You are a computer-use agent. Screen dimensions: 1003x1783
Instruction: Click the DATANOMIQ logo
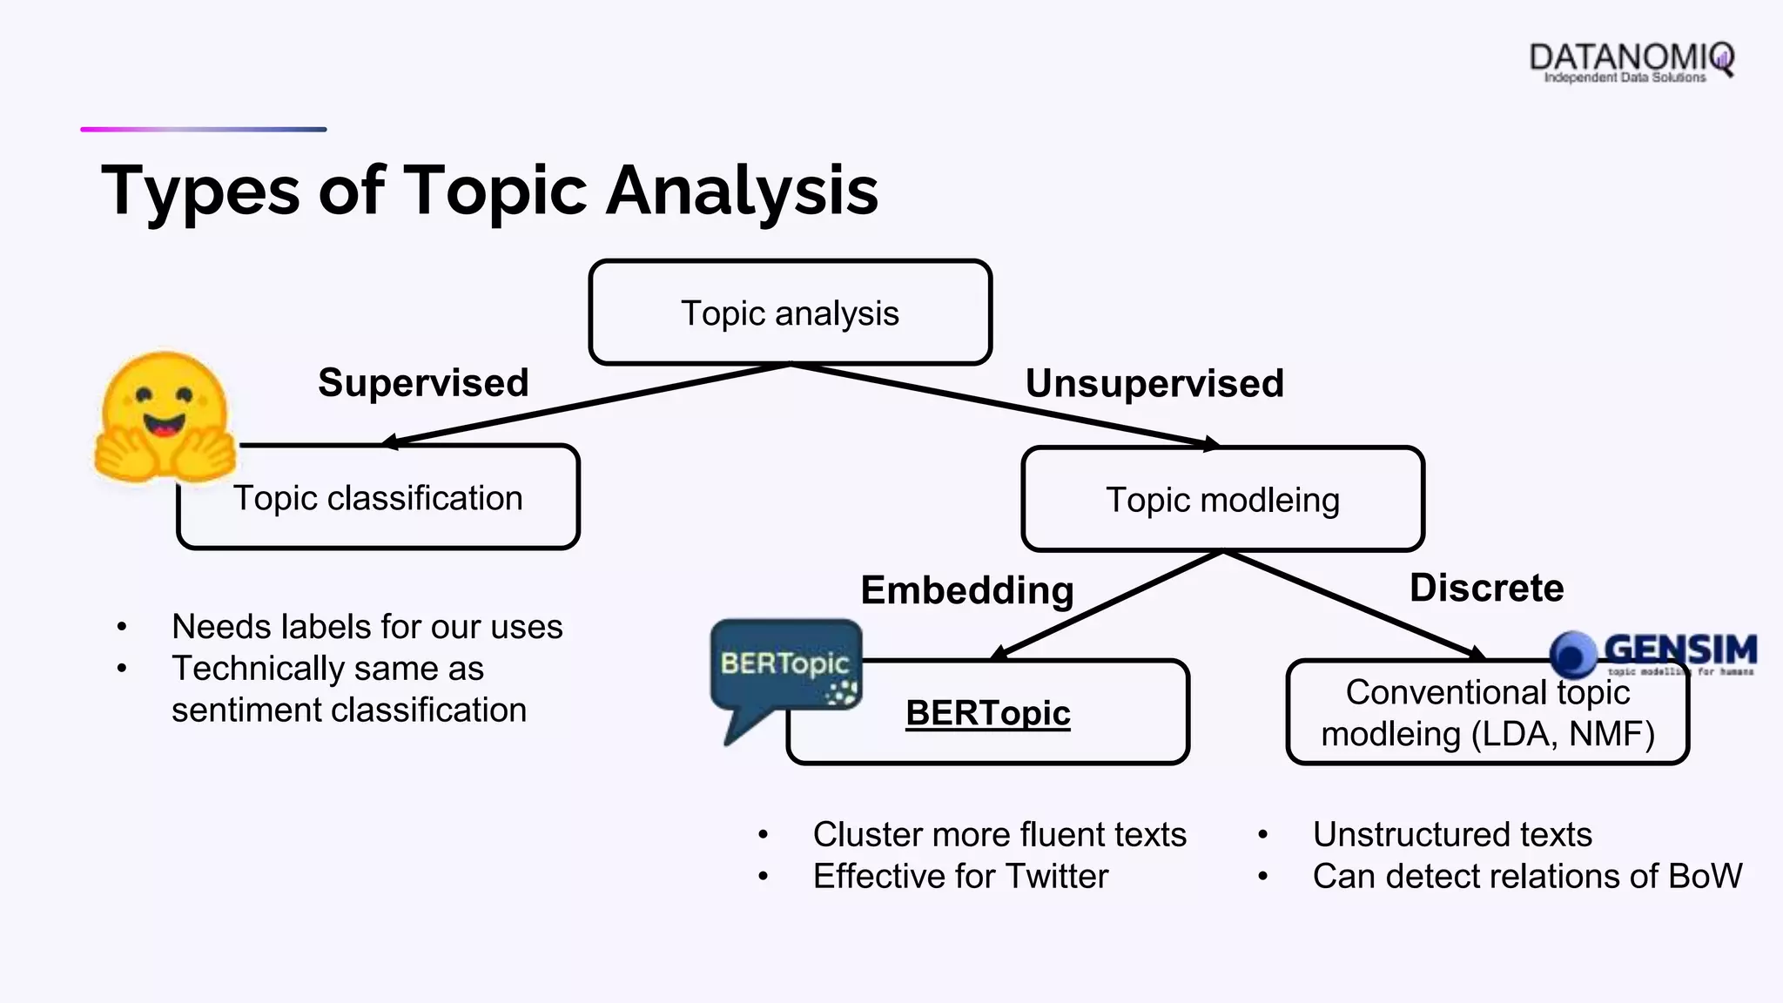tap(1630, 61)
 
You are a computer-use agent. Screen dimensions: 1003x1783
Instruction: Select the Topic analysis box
tap(790, 313)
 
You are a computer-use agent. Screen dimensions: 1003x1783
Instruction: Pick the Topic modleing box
tap(1222, 500)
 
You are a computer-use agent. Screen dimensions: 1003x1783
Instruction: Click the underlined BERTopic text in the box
tap(987, 713)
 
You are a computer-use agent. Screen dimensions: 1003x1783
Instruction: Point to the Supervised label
tap(423, 383)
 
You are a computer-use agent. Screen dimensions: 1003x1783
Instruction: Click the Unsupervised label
tap(1154, 384)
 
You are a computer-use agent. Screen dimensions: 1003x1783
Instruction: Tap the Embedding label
tap(966, 590)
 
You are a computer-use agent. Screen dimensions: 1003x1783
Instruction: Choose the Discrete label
tap(1486, 589)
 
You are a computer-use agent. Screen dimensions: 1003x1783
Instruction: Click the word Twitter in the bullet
tap(1057, 876)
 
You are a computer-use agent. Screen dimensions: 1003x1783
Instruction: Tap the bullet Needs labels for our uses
tap(367, 627)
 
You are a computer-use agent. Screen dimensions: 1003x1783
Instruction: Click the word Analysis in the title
tap(742, 191)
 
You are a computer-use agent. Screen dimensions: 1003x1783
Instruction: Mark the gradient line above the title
tap(204, 130)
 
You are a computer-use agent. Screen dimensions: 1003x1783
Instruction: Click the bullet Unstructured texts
tap(1452, 834)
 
